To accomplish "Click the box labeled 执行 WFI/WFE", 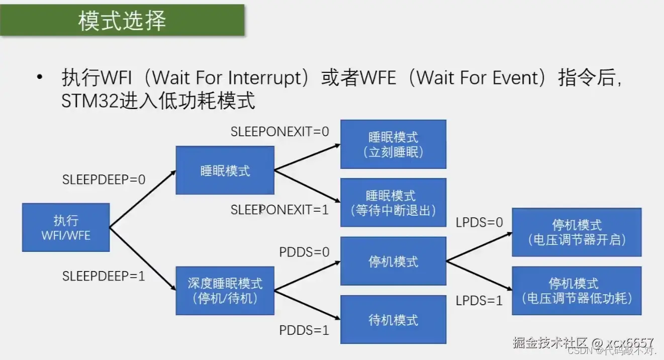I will click(66, 227).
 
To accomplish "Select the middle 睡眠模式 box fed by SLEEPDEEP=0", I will click(225, 170).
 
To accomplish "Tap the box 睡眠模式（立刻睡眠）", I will click(393, 144).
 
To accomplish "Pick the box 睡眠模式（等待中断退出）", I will click(393, 203).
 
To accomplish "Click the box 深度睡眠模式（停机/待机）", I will click(225, 291).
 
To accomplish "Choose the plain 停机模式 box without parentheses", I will click(393, 261).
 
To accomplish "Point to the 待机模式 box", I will click(393, 320).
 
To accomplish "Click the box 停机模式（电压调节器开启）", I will click(577, 232).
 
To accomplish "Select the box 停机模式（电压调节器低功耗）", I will click(577, 291).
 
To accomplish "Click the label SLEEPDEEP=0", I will click(104, 179).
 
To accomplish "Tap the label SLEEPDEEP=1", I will click(104, 276).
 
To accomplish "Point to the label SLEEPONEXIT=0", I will click(279, 132).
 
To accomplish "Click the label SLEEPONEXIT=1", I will click(279, 210).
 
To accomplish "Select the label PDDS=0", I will click(305, 252).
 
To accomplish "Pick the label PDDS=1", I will click(305, 330).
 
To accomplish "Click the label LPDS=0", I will click(479, 222).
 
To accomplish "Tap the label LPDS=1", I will click(479, 301).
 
